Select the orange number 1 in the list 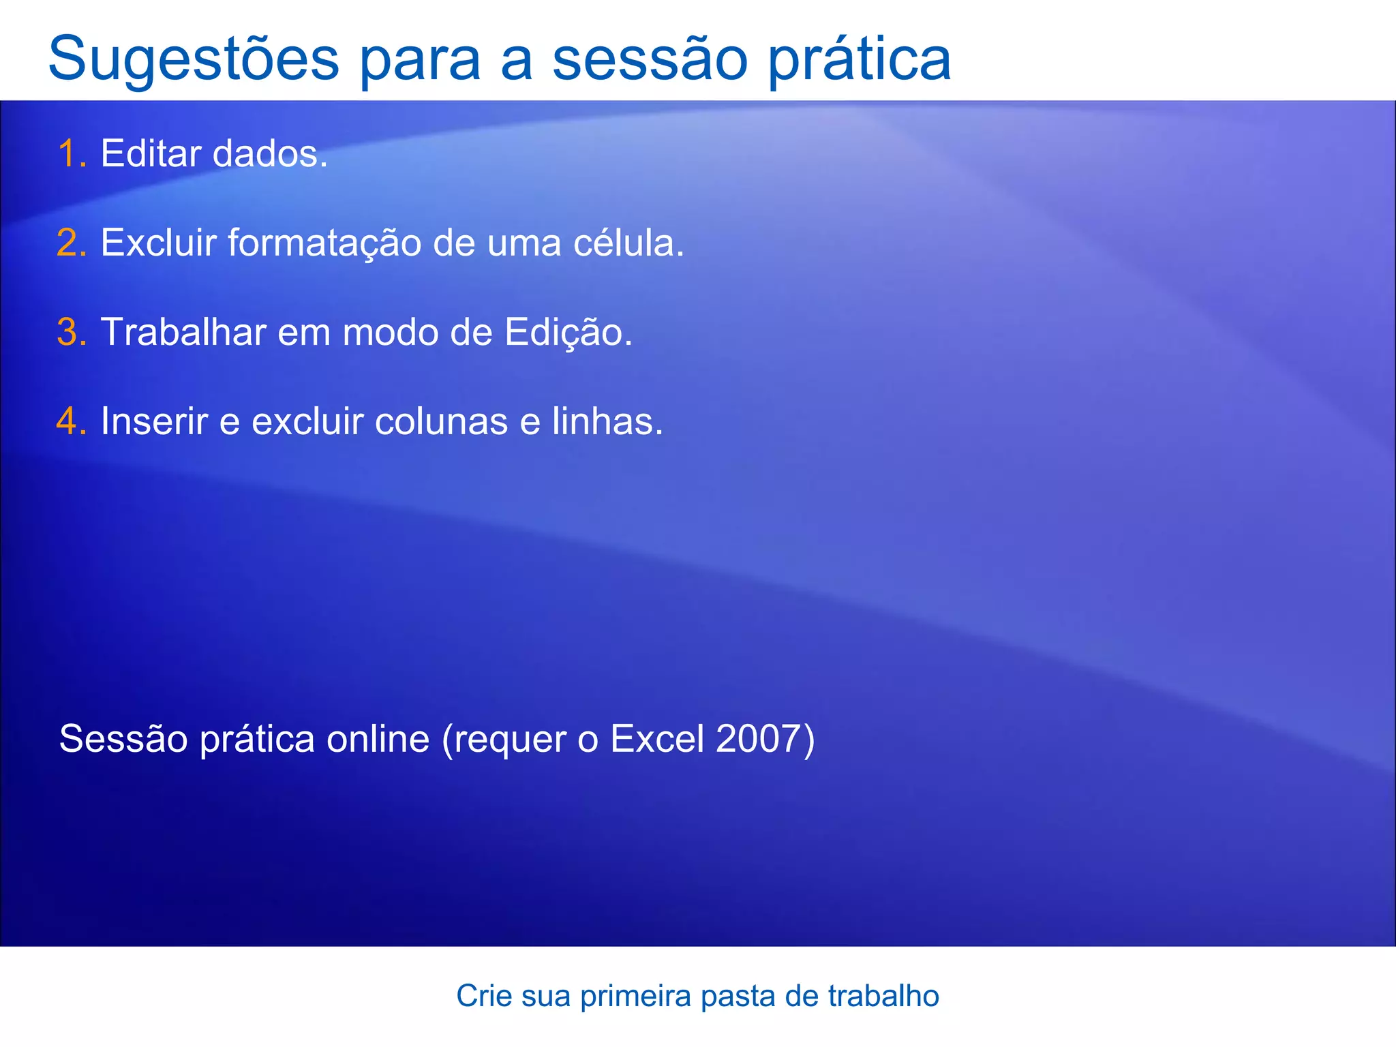coord(68,153)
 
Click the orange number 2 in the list coord(68,243)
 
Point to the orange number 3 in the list coord(68,332)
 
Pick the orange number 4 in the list coord(68,421)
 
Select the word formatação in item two coord(324,243)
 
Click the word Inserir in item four coord(154,421)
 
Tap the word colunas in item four coord(442,421)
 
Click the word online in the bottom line coord(378,739)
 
